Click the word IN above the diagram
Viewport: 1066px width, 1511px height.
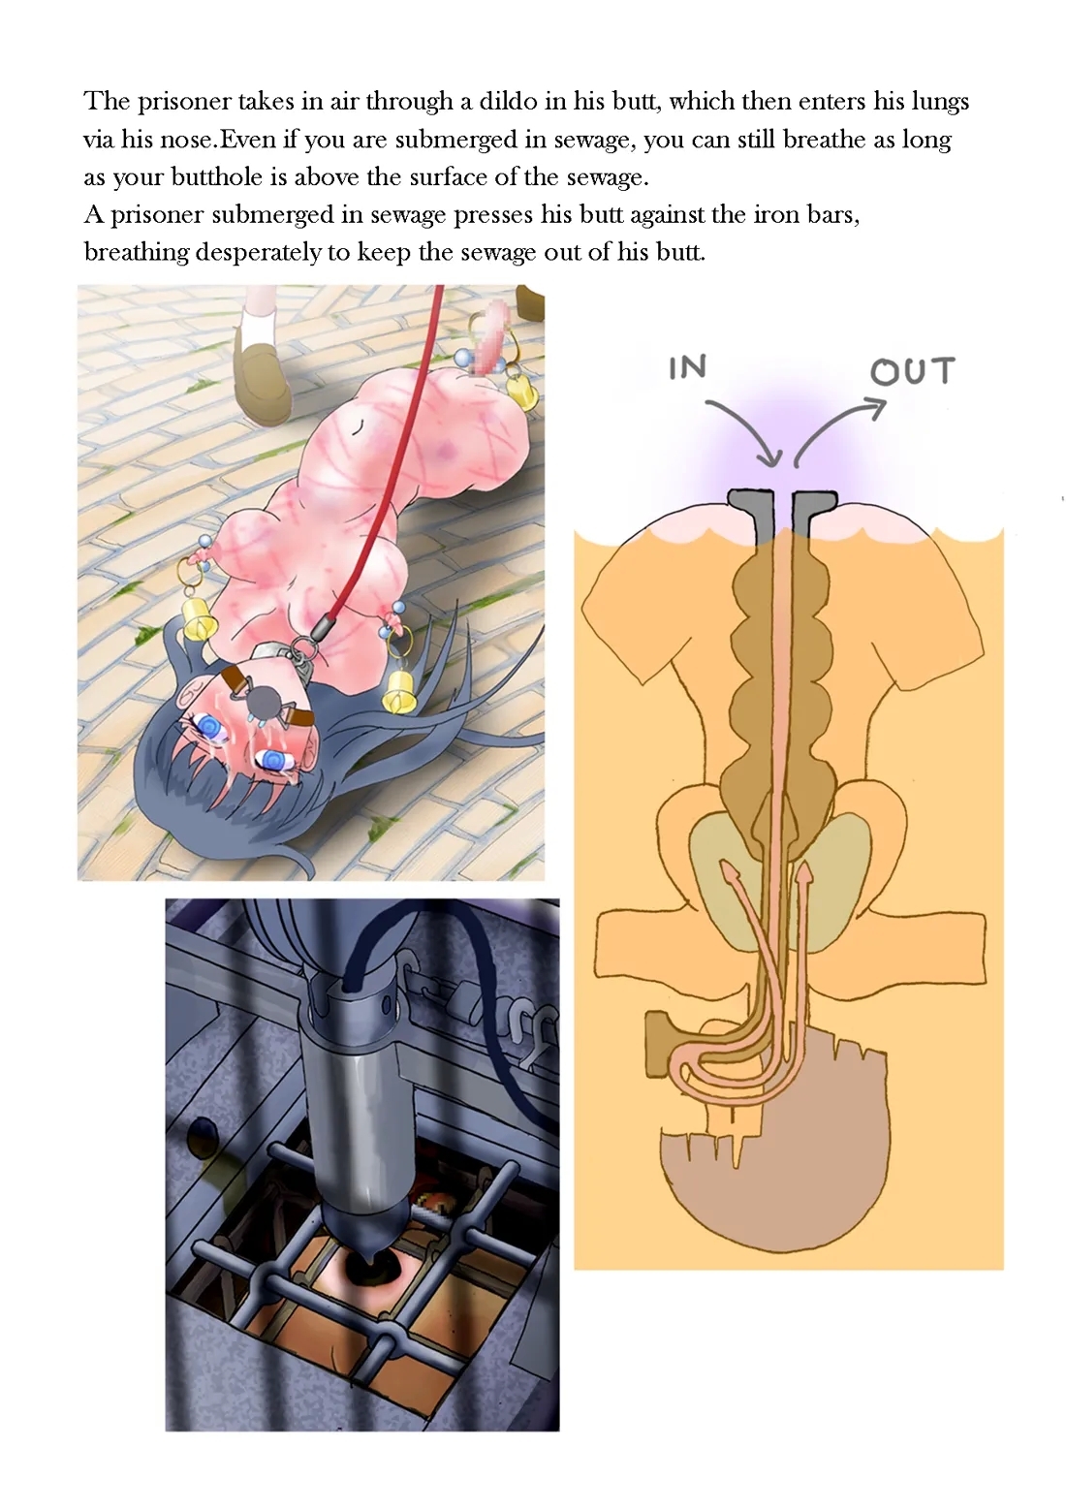coord(687,368)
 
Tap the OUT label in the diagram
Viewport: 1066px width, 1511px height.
coord(912,371)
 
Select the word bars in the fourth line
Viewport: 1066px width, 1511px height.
coord(832,214)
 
